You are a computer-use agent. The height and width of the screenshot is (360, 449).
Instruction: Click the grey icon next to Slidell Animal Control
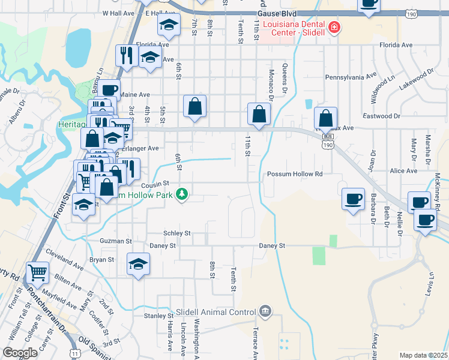coord(265,311)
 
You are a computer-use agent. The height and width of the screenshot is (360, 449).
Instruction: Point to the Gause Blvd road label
coord(276,12)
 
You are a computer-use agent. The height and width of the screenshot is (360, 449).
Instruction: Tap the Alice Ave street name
coord(403,171)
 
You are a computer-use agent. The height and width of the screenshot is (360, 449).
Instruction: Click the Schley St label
coord(176,233)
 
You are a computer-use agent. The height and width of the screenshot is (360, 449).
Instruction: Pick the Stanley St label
coord(158,316)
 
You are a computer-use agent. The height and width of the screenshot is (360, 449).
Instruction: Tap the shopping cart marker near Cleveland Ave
coord(37,272)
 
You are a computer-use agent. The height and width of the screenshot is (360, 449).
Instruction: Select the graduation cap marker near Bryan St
coord(138,264)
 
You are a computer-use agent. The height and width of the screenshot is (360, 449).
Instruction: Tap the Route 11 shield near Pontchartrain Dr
coord(73,353)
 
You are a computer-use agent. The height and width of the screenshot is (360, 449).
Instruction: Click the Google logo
coord(20,353)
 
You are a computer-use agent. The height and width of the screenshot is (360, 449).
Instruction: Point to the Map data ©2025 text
coord(423,355)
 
